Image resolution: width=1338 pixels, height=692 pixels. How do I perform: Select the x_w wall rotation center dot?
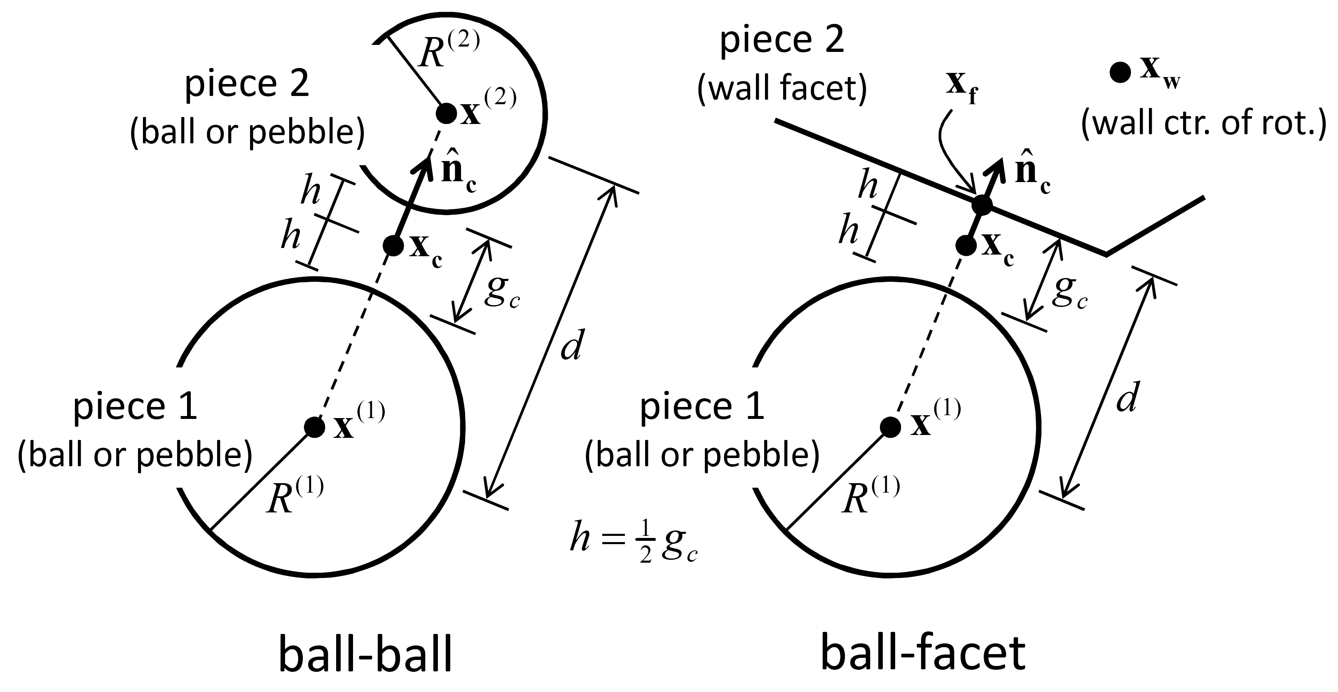(x=1120, y=72)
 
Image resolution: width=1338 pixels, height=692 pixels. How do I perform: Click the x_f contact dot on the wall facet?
(x=982, y=205)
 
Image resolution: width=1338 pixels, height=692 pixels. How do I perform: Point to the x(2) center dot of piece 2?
(x=446, y=113)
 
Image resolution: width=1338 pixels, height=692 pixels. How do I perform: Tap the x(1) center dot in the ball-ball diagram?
(x=314, y=427)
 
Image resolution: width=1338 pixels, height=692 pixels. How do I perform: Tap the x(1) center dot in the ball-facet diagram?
(x=890, y=427)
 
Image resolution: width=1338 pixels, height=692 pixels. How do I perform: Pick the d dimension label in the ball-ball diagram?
(x=572, y=345)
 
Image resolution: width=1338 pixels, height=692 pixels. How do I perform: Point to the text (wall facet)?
(x=782, y=88)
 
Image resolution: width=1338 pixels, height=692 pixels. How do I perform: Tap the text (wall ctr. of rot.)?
(x=1203, y=125)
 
